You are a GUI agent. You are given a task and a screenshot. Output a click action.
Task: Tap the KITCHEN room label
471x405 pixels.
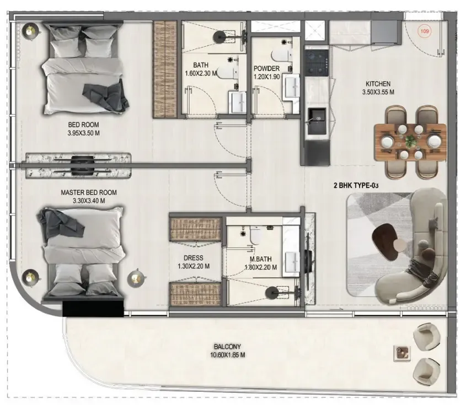(x=378, y=84)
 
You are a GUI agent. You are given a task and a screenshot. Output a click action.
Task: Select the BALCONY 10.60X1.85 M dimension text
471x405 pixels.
(x=227, y=355)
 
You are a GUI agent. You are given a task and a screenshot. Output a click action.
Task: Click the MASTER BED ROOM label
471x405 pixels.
(x=89, y=193)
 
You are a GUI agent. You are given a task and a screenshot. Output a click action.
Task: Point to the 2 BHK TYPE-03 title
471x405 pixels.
(x=356, y=186)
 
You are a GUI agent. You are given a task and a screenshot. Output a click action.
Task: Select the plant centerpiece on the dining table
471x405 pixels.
(x=411, y=141)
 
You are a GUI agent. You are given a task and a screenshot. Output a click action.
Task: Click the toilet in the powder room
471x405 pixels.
(x=283, y=56)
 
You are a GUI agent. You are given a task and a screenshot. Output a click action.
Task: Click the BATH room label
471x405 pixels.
(x=201, y=64)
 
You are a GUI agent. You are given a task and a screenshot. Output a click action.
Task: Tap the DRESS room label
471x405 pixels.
(x=194, y=257)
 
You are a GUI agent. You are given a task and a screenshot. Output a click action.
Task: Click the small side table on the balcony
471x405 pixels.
(x=401, y=353)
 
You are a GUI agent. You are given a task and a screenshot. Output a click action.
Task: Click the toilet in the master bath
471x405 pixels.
(x=255, y=235)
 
